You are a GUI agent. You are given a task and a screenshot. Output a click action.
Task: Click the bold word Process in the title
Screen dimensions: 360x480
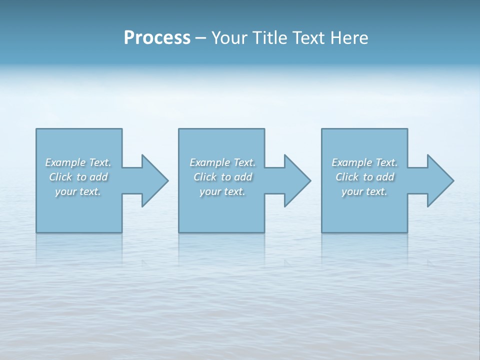pyautogui.click(x=157, y=38)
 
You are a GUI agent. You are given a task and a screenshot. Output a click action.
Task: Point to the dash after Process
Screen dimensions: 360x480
pyautogui.click(x=201, y=38)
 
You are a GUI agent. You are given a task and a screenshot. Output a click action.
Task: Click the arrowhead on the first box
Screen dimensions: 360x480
pyautogui.click(x=152, y=180)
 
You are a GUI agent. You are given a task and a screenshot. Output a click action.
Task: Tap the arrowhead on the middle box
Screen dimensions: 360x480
pyautogui.click(x=295, y=180)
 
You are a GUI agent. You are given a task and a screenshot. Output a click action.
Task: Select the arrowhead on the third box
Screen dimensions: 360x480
pyautogui.click(x=438, y=180)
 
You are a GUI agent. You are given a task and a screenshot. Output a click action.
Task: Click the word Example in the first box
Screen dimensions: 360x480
pyautogui.click(x=65, y=162)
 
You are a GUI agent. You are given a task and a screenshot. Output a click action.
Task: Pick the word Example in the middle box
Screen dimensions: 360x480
pyautogui.click(x=209, y=162)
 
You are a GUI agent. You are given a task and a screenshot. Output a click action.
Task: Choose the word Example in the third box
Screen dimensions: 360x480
pyautogui.click(x=351, y=162)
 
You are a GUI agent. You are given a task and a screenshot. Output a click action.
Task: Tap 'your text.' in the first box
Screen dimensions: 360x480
pyautogui.click(x=78, y=191)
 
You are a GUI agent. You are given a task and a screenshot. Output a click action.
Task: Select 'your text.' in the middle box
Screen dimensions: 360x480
pyautogui.click(x=222, y=191)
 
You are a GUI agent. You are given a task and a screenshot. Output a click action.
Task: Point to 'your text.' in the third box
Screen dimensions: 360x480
pyautogui.click(x=364, y=191)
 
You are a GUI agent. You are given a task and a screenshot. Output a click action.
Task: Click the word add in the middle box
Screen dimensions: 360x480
pyautogui.click(x=243, y=177)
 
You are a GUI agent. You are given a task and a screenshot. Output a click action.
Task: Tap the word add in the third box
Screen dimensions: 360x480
pyautogui.click(x=385, y=177)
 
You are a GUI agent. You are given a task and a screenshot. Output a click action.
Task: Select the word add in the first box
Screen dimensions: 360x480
pyautogui.click(x=98, y=177)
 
